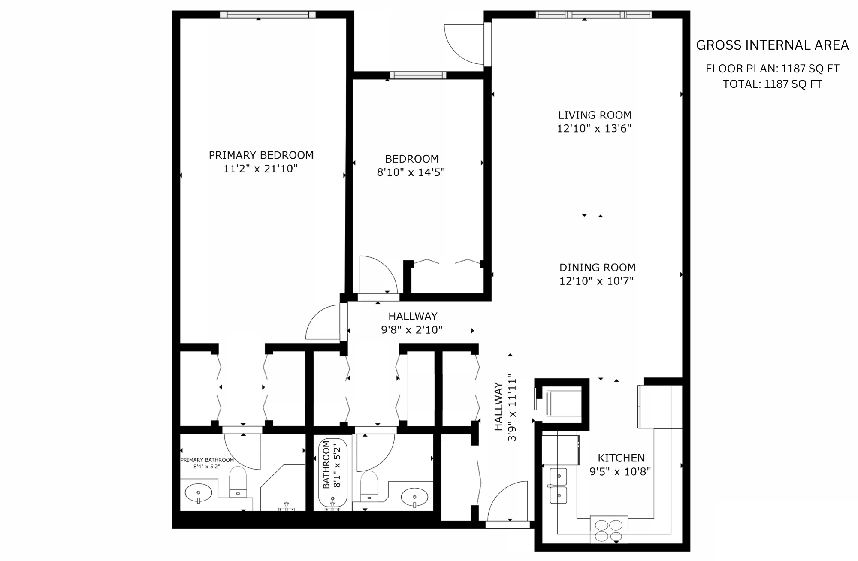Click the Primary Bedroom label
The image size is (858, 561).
[261, 155]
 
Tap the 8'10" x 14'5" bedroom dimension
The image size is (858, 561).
[411, 172]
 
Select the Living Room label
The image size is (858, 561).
[595, 115]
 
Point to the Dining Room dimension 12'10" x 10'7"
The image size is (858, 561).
[596, 281]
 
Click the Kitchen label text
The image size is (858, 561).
[621, 458]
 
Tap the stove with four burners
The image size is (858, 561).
[609, 529]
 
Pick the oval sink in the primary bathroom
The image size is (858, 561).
[198, 492]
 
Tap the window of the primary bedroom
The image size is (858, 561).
[268, 15]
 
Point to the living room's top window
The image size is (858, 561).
[594, 15]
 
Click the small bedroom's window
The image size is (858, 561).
[418, 75]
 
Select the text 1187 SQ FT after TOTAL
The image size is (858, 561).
[793, 84]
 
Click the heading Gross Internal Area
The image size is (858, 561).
[772, 45]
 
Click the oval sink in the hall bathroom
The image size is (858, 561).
[414, 498]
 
